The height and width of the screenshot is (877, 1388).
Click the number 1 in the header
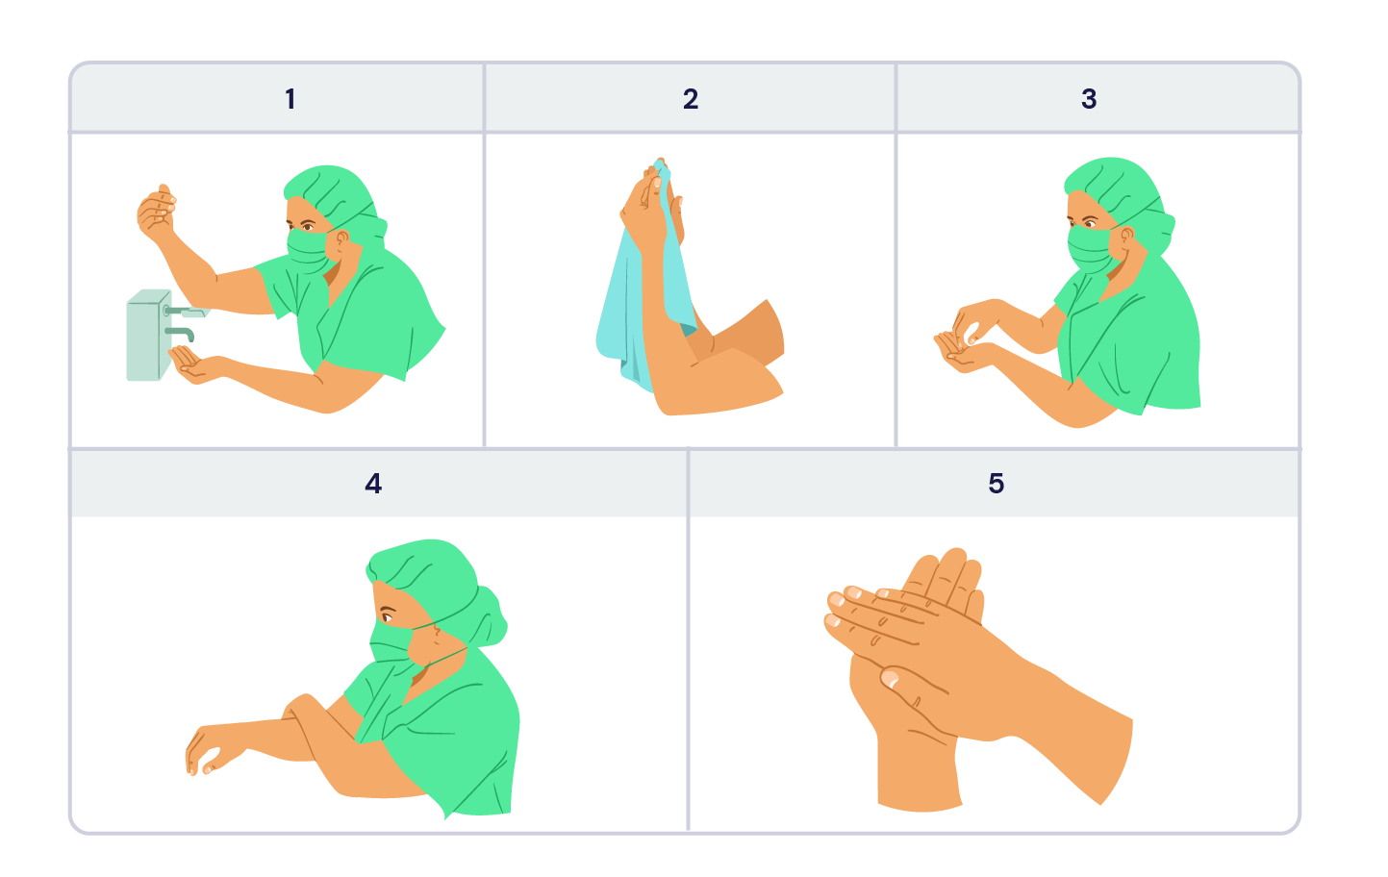290,99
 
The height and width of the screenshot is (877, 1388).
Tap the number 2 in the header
691,99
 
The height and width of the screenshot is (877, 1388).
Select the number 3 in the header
1089,99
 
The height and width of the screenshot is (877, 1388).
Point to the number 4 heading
373,484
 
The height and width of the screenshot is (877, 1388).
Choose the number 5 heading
996,484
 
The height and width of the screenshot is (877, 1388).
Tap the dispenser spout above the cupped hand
181,334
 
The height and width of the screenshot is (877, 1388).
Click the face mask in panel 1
310,251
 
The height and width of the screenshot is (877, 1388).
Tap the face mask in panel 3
1092,249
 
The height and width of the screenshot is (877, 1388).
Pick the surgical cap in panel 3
1119,198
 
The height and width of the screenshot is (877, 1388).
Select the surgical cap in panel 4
437,589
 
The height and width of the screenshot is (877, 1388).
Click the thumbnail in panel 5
890,680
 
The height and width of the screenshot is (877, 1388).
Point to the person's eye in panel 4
388,615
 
